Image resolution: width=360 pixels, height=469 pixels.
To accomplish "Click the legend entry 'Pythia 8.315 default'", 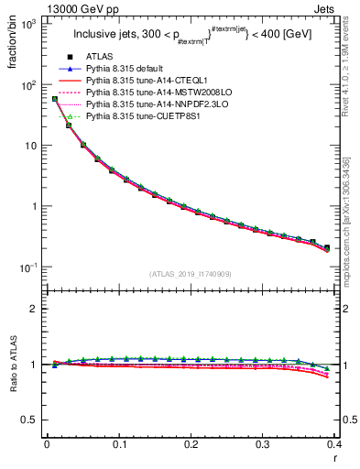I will pos(128,70).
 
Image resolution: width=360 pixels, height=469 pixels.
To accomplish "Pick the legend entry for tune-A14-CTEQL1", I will pos(144,82).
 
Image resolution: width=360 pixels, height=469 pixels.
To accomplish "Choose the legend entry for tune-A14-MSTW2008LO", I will pos(151,93).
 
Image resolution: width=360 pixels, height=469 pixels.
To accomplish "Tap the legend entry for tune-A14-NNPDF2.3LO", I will pos(151,105).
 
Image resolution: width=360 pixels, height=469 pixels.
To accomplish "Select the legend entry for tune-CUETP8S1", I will pos(141,117).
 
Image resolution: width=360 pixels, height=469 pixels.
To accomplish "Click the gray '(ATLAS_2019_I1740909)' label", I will pos(190,275).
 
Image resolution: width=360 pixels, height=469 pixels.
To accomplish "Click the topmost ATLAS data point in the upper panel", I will pos(55,99).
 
